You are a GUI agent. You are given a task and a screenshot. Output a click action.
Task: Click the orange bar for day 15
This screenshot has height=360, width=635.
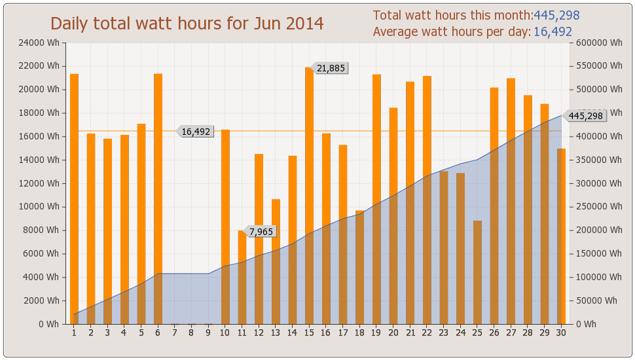click(x=309, y=196)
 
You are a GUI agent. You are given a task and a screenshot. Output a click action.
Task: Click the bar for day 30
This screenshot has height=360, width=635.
click(x=561, y=236)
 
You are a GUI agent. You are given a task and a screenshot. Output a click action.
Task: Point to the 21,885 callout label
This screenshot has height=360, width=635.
click(x=330, y=68)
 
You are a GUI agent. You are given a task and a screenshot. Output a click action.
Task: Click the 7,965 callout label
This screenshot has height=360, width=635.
click(x=261, y=231)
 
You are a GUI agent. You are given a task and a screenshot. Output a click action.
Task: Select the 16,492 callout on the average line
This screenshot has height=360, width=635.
click(x=196, y=132)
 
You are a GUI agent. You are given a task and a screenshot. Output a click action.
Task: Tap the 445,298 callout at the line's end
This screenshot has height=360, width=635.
click(x=585, y=116)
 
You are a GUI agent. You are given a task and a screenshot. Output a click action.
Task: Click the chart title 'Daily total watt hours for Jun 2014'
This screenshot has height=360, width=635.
click(x=187, y=24)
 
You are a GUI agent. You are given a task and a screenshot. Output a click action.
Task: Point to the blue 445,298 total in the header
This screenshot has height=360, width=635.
click(x=556, y=16)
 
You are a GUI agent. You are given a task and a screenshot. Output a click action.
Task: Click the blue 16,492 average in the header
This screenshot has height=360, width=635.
click(x=553, y=32)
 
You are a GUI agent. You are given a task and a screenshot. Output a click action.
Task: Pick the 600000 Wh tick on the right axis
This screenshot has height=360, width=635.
click(x=595, y=43)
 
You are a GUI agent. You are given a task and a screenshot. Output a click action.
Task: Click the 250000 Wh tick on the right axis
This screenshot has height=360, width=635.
click(x=595, y=207)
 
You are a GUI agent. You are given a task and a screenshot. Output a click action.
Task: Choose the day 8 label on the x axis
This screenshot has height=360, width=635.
click(x=191, y=333)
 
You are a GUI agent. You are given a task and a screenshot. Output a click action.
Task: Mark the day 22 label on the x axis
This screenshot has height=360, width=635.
click(x=427, y=333)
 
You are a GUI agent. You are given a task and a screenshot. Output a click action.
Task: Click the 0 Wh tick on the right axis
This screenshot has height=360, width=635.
click(x=585, y=324)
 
